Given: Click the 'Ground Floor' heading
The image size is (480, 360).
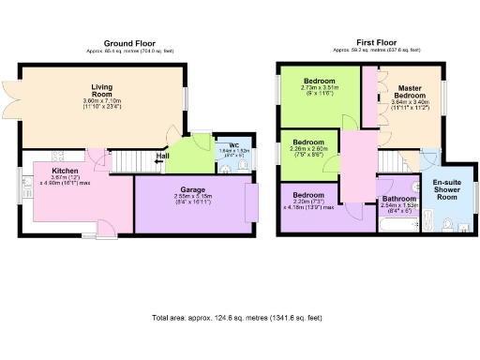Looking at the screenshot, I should (x=128, y=43).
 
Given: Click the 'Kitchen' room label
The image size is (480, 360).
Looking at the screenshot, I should (x=65, y=171).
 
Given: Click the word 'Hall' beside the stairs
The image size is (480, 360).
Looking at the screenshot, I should (x=162, y=156).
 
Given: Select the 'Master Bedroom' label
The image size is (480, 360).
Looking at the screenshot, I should (x=409, y=92).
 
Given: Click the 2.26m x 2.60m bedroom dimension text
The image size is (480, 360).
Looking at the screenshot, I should (x=307, y=151).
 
